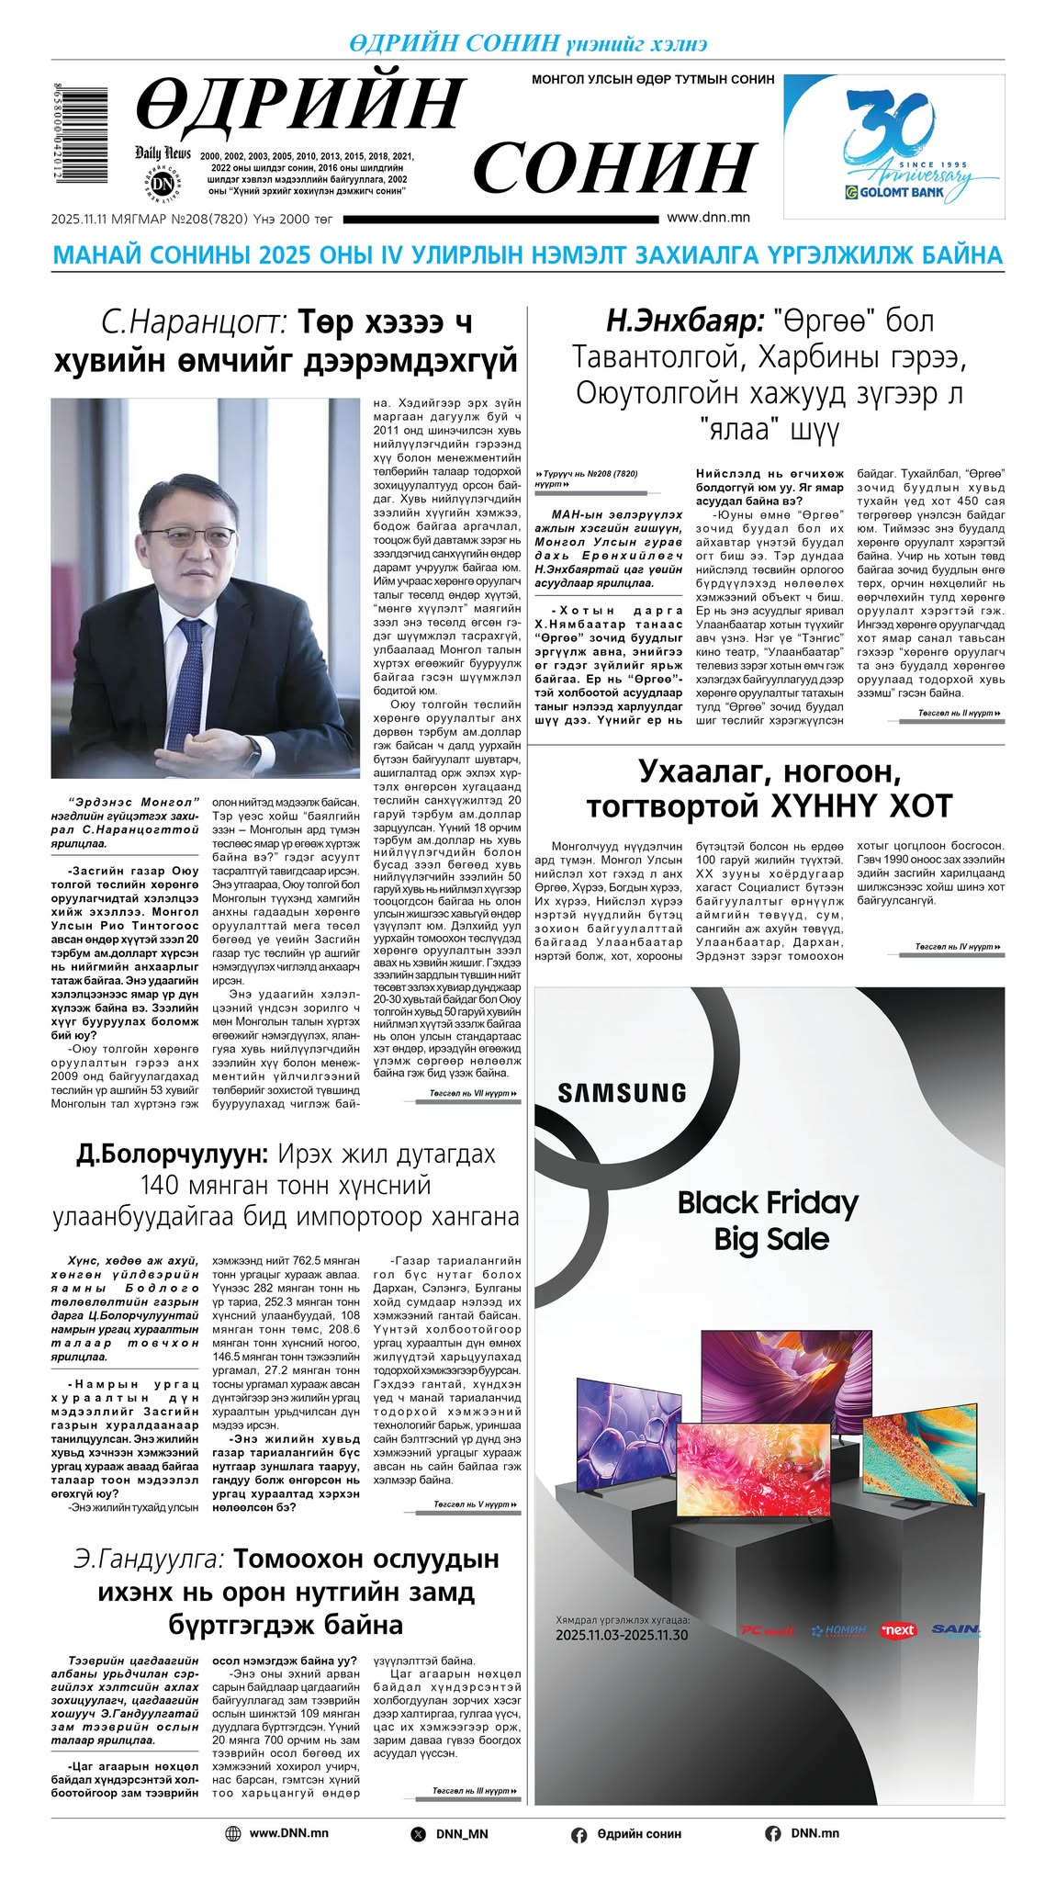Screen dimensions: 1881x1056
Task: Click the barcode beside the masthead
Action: [x=79, y=137]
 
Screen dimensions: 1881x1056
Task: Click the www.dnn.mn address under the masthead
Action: [x=708, y=218]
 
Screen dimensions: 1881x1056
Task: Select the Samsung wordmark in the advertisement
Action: [x=622, y=1093]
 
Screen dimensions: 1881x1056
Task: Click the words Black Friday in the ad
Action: [x=768, y=1202]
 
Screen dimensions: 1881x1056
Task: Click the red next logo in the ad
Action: [x=897, y=1630]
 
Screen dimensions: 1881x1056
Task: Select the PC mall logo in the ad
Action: [x=767, y=1631]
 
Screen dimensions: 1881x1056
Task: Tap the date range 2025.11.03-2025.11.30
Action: [x=622, y=1635]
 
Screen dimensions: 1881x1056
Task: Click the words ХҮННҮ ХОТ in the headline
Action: [x=849, y=805]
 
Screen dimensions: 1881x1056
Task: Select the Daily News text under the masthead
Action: [x=163, y=153]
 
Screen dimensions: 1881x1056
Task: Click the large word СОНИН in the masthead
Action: [x=613, y=168]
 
